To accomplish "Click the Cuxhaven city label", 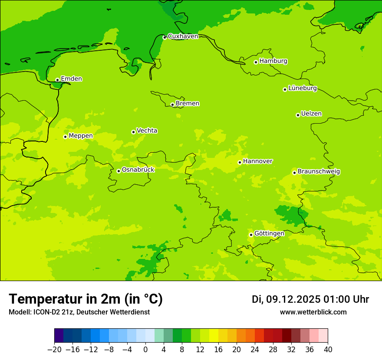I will coord(183,36).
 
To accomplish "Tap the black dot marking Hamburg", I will coord(256,62).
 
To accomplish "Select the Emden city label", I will coord(71,79).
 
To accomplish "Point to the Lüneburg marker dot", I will coord(285,89).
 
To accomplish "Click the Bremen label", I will coord(188,104).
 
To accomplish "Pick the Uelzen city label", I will coord(311,114).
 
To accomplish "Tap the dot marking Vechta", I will coord(133,132).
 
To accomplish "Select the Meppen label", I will coord(81,136).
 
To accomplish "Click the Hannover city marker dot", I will coord(240,162).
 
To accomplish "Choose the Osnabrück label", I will coord(138,170).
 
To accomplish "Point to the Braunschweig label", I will coord(319,172).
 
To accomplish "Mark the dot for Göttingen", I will coord(251,235).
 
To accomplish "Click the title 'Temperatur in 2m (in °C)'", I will coord(86,299).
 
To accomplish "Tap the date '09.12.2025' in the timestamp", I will coord(293,299).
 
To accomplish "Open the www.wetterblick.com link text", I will coord(313,312).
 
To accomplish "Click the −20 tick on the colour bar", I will coord(54,350).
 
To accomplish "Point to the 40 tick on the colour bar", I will coord(328,350).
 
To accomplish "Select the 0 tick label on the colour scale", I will coord(145,350).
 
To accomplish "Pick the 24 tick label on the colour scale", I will coord(255,350).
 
